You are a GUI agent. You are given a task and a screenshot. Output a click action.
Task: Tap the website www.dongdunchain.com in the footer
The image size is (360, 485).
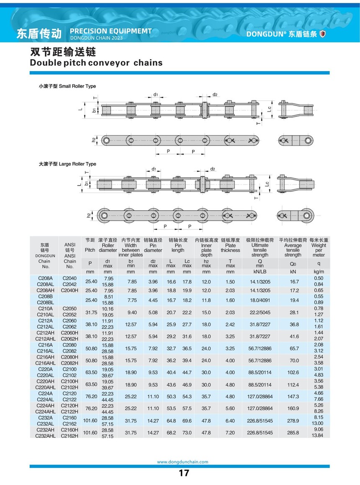click(x=183, y=462)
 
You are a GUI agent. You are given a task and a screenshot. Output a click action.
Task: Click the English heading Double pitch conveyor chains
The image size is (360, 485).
click(x=96, y=63)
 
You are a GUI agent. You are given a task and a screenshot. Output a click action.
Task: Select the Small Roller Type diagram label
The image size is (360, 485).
click(x=67, y=86)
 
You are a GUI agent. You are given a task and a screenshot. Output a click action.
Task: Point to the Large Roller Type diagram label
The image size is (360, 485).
click(x=67, y=164)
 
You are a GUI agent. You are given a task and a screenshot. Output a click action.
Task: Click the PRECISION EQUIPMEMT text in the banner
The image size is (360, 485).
click(x=111, y=31)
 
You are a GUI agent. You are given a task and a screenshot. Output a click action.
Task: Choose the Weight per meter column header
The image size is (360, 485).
click(x=319, y=248)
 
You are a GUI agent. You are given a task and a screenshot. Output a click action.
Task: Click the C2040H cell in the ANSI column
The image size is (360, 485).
click(x=70, y=290)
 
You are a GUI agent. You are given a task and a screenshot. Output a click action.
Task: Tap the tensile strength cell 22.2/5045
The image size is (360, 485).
click(x=260, y=312)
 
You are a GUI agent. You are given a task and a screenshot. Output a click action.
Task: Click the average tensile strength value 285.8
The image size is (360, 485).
click(x=293, y=433)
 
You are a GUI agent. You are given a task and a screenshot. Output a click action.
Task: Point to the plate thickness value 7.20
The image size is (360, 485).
click(x=230, y=433)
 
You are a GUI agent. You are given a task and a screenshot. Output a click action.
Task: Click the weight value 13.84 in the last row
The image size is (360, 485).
click(x=319, y=436)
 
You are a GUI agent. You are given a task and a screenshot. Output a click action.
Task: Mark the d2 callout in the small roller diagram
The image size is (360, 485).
click(x=215, y=95)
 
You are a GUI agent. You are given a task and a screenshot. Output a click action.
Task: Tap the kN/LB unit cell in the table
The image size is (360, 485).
click(x=260, y=272)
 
